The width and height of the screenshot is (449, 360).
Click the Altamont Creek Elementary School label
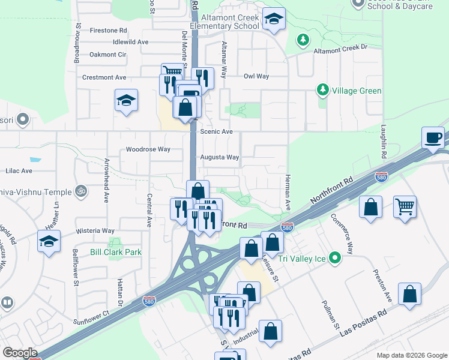[224, 22]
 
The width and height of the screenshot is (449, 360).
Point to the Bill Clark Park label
[116, 252]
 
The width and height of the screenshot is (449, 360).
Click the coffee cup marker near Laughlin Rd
[433, 139]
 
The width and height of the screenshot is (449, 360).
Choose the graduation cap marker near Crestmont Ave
[127, 100]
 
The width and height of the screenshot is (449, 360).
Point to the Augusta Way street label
[219, 157]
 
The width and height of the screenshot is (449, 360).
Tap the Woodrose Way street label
[148, 149]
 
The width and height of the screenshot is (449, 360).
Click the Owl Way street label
[256, 76]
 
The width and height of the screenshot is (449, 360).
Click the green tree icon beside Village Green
[323, 91]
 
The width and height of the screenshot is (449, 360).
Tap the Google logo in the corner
[20, 353]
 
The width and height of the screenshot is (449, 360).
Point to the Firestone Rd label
[109, 30]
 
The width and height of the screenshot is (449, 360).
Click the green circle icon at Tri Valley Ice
[336, 259]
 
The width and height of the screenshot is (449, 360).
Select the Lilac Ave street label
[19, 171]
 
